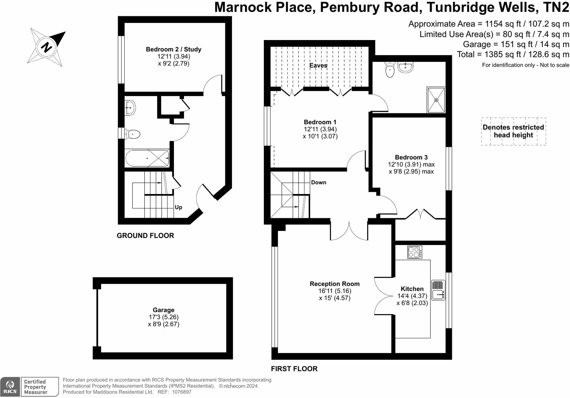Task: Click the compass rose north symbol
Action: click(x=46, y=47)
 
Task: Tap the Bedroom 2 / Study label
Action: click(x=173, y=49)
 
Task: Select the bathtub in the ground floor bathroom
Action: click(x=147, y=158)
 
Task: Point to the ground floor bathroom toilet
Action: click(x=132, y=135)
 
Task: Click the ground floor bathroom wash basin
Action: click(x=130, y=108)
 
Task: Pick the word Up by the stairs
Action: click(x=178, y=207)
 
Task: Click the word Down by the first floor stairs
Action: click(x=319, y=183)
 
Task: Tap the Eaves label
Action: click(x=318, y=65)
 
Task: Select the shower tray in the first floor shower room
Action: click(x=436, y=100)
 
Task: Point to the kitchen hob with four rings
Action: click(x=415, y=252)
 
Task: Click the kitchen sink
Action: click(x=438, y=290)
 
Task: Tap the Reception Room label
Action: click(x=334, y=284)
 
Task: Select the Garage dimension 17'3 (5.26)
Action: click(x=163, y=317)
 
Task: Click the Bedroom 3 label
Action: click(x=411, y=157)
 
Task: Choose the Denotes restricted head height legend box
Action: click(x=513, y=131)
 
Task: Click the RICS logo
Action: click(x=10, y=387)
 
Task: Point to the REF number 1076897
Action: click(x=181, y=392)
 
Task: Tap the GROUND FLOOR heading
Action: click(x=145, y=236)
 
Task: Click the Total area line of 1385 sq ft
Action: click(x=513, y=54)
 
